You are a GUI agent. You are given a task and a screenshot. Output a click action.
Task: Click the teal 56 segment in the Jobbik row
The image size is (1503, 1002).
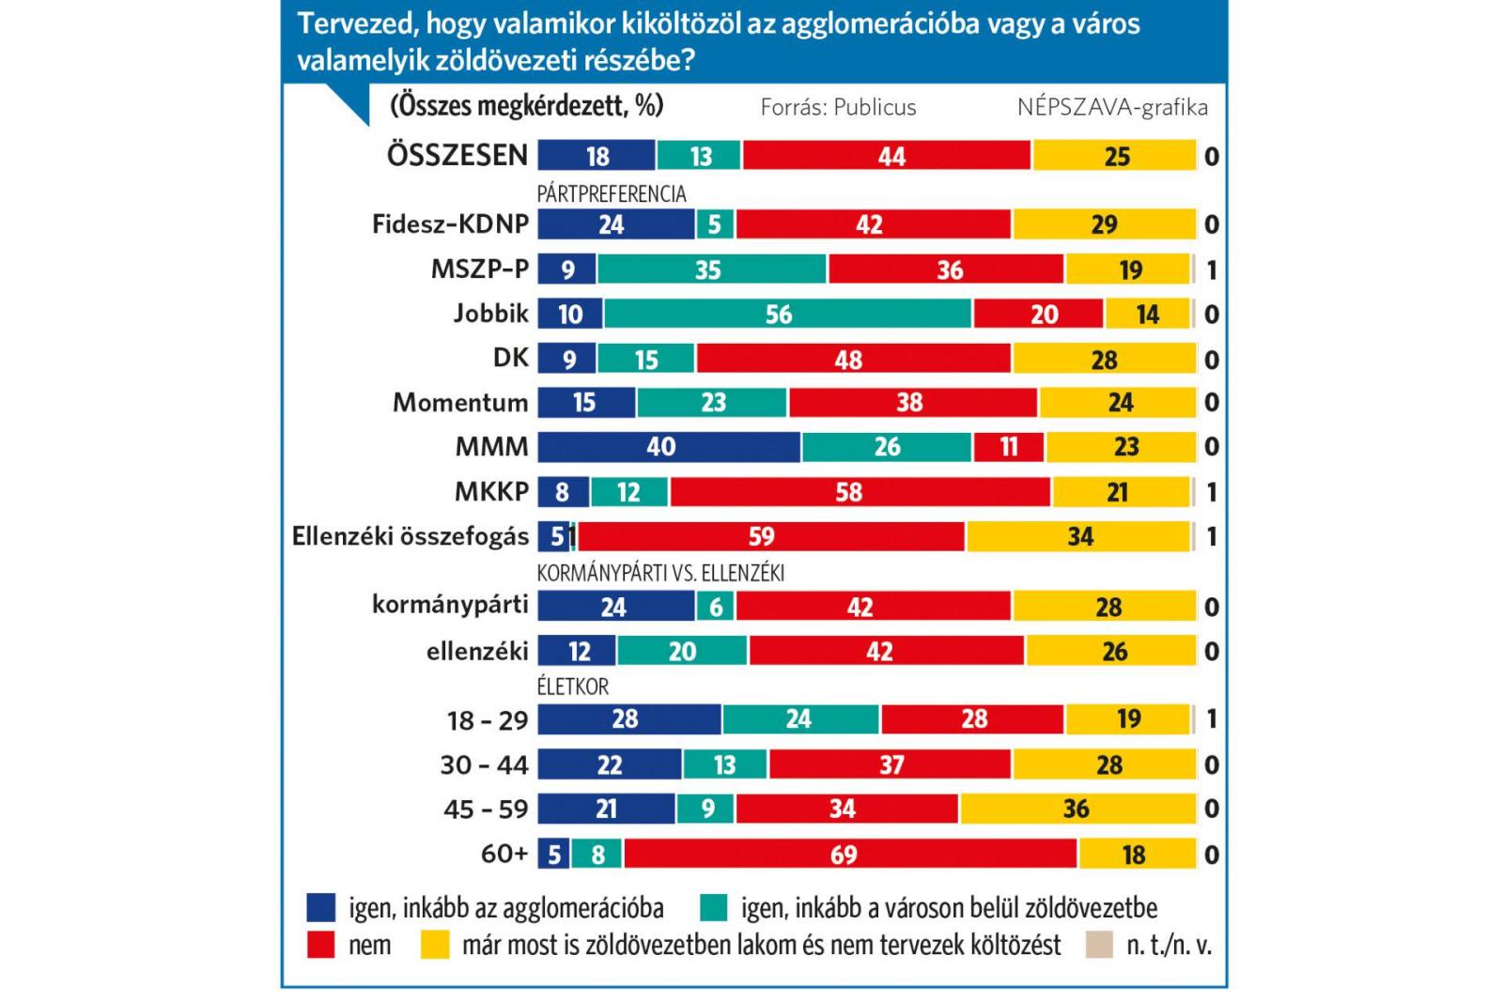(x=787, y=314)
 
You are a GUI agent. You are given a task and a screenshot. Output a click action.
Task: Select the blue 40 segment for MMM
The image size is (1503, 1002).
(x=668, y=447)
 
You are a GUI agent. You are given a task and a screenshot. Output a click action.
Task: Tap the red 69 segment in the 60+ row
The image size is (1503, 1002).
(x=850, y=855)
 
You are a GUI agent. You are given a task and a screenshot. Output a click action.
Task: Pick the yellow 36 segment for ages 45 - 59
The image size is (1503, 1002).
(x=1077, y=809)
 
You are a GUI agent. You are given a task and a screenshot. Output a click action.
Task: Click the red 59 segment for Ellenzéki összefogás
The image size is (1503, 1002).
(x=770, y=536)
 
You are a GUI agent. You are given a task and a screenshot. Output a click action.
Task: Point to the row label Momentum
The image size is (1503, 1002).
(x=460, y=403)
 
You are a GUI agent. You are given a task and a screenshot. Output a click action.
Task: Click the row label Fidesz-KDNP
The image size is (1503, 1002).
(x=450, y=224)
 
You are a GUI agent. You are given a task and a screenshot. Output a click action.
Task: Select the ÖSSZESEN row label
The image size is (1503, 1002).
(x=457, y=155)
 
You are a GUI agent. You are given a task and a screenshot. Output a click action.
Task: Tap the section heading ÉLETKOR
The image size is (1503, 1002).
(x=573, y=686)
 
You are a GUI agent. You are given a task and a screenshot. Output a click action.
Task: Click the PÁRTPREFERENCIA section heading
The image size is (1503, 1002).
(x=612, y=194)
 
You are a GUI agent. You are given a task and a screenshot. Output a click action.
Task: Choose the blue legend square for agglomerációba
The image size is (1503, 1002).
(x=321, y=908)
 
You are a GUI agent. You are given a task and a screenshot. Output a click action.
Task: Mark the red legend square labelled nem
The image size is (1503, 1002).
(x=321, y=945)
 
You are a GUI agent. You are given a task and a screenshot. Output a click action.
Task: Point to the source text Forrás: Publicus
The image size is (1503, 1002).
(x=838, y=107)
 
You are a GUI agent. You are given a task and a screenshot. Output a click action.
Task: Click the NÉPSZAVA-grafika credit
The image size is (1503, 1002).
(x=1112, y=107)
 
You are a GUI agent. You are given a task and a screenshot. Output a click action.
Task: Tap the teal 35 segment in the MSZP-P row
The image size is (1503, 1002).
(x=711, y=270)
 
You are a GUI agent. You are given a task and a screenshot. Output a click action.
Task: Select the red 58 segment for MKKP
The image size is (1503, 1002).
(x=860, y=492)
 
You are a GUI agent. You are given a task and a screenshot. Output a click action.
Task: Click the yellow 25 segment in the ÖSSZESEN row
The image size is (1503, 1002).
(x=1114, y=155)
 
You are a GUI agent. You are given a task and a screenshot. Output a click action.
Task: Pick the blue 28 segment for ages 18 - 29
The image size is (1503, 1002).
(x=628, y=719)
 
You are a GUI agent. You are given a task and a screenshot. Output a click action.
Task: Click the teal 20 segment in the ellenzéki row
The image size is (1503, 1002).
(x=682, y=651)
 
